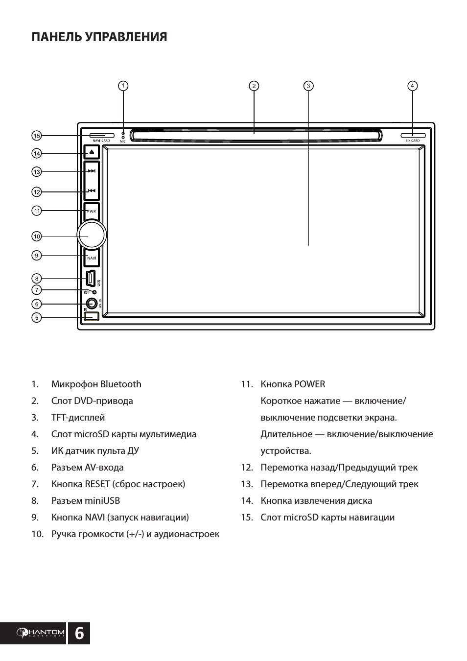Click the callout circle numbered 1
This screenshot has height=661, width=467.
point(123,86)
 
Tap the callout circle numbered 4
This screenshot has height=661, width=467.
point(412,86)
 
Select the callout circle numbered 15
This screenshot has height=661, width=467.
point(36,135)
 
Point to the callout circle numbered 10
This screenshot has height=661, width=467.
point(36,236)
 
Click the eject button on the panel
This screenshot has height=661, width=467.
point(92,152)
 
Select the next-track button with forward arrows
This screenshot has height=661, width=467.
point(92,171)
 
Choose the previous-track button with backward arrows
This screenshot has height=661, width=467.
point(92,191)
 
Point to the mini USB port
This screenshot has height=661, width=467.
point(91,278)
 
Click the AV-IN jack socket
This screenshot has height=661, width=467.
point(91,304)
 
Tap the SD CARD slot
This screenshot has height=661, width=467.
point(413,135)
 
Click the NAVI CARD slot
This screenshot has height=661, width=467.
point(102,135)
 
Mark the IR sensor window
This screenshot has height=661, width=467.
point(91,316)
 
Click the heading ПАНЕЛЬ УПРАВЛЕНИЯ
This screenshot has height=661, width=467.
point(99,37)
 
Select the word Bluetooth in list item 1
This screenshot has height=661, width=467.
point(120,384)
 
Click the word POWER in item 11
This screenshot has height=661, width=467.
point(309,384)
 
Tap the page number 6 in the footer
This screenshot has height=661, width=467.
point(79,634)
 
